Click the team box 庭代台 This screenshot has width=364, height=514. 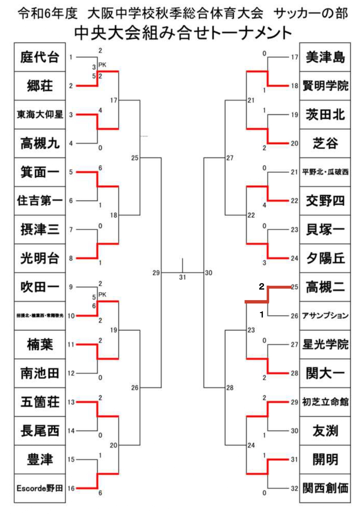40,57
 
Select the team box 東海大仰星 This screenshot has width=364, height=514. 40,115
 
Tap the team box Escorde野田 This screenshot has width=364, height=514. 40,488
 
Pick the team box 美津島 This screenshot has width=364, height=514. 325,57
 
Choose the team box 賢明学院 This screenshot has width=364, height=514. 325,86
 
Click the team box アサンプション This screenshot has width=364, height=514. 325,316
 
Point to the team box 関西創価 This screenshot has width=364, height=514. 325,488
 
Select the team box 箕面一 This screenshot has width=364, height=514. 40,172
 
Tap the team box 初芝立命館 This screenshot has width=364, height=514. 325,402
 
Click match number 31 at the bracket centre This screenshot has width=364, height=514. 182,277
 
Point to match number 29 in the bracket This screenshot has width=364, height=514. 156,273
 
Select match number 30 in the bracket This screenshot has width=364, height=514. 208,273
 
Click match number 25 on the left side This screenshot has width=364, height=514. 134,158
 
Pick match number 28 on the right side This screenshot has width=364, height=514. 230,388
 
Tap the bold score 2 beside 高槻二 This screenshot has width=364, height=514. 262,286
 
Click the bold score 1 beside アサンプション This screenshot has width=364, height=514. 262,315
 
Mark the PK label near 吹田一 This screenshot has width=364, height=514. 102,295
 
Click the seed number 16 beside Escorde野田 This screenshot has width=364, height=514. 71,488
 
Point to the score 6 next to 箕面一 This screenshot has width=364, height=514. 100,168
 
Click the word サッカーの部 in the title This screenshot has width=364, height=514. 311,13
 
